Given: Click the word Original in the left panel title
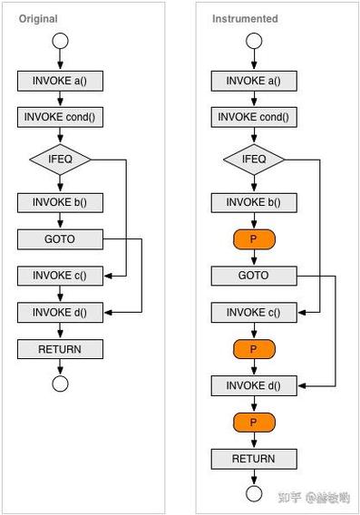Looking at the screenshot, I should pos(38,18).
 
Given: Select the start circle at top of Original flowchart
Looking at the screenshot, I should pos(60,40).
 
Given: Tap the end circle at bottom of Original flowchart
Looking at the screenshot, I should pos(60,384).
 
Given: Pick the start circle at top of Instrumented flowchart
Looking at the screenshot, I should pos(254,40).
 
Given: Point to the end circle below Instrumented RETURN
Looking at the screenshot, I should pos(254,493).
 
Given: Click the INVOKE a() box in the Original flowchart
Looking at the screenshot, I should pos(60,81).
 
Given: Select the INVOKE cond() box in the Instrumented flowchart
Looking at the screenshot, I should pos(254,117).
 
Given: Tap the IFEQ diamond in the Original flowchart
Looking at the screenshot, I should pos(60,160).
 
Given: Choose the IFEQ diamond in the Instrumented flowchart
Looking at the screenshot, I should pos(254,160).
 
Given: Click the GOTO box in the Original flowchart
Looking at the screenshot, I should pos(60,239).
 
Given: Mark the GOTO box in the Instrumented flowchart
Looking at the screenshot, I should pos(254,275).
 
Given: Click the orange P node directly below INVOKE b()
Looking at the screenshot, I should pos(254,239).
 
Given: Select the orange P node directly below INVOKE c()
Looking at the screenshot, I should pos(254,349).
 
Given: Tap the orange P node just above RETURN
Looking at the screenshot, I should pos(254,423).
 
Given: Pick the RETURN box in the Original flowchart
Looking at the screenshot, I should pos(60,349).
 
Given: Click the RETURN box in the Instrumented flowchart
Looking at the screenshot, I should pos(254,459).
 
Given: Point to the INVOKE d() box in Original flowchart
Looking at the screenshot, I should pos(60,313).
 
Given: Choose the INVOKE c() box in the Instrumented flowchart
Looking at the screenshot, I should pos(254,313).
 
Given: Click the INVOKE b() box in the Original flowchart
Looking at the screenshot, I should pos(60,202).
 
